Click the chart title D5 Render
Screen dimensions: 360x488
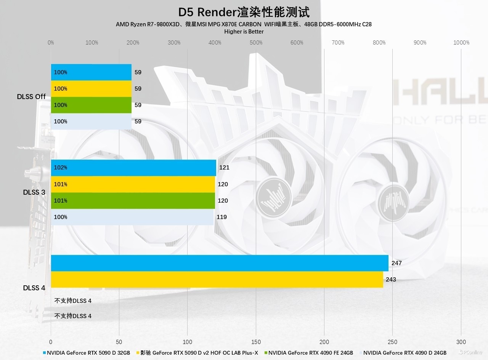(x=244, y=12)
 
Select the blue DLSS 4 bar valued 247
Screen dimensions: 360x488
(x=219, y=263)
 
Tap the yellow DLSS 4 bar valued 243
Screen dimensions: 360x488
(x=217, y=279)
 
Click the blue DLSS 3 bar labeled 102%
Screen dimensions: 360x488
(x=133, y=168)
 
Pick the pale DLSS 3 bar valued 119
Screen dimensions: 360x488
(x=132, y=217)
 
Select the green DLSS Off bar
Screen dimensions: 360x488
(x=91, y=105)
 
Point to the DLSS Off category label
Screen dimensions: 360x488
(x=31, y=97)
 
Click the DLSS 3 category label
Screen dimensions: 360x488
(x=34, y=192)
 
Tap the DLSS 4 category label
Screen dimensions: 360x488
(x=34, y=288)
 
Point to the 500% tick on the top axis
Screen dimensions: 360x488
(x=256, y=43)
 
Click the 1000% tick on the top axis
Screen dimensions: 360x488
(x=461, y=43)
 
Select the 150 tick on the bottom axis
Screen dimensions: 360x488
(x=256, y=342)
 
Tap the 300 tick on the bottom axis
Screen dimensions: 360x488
(x=461, y=342)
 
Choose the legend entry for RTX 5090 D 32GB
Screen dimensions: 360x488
(x=88, y=353)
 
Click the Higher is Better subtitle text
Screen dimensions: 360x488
(x=244, y=32)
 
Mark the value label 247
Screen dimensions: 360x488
(x=396, y=263)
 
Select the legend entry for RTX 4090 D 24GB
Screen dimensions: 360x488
(x=405, y=353)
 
